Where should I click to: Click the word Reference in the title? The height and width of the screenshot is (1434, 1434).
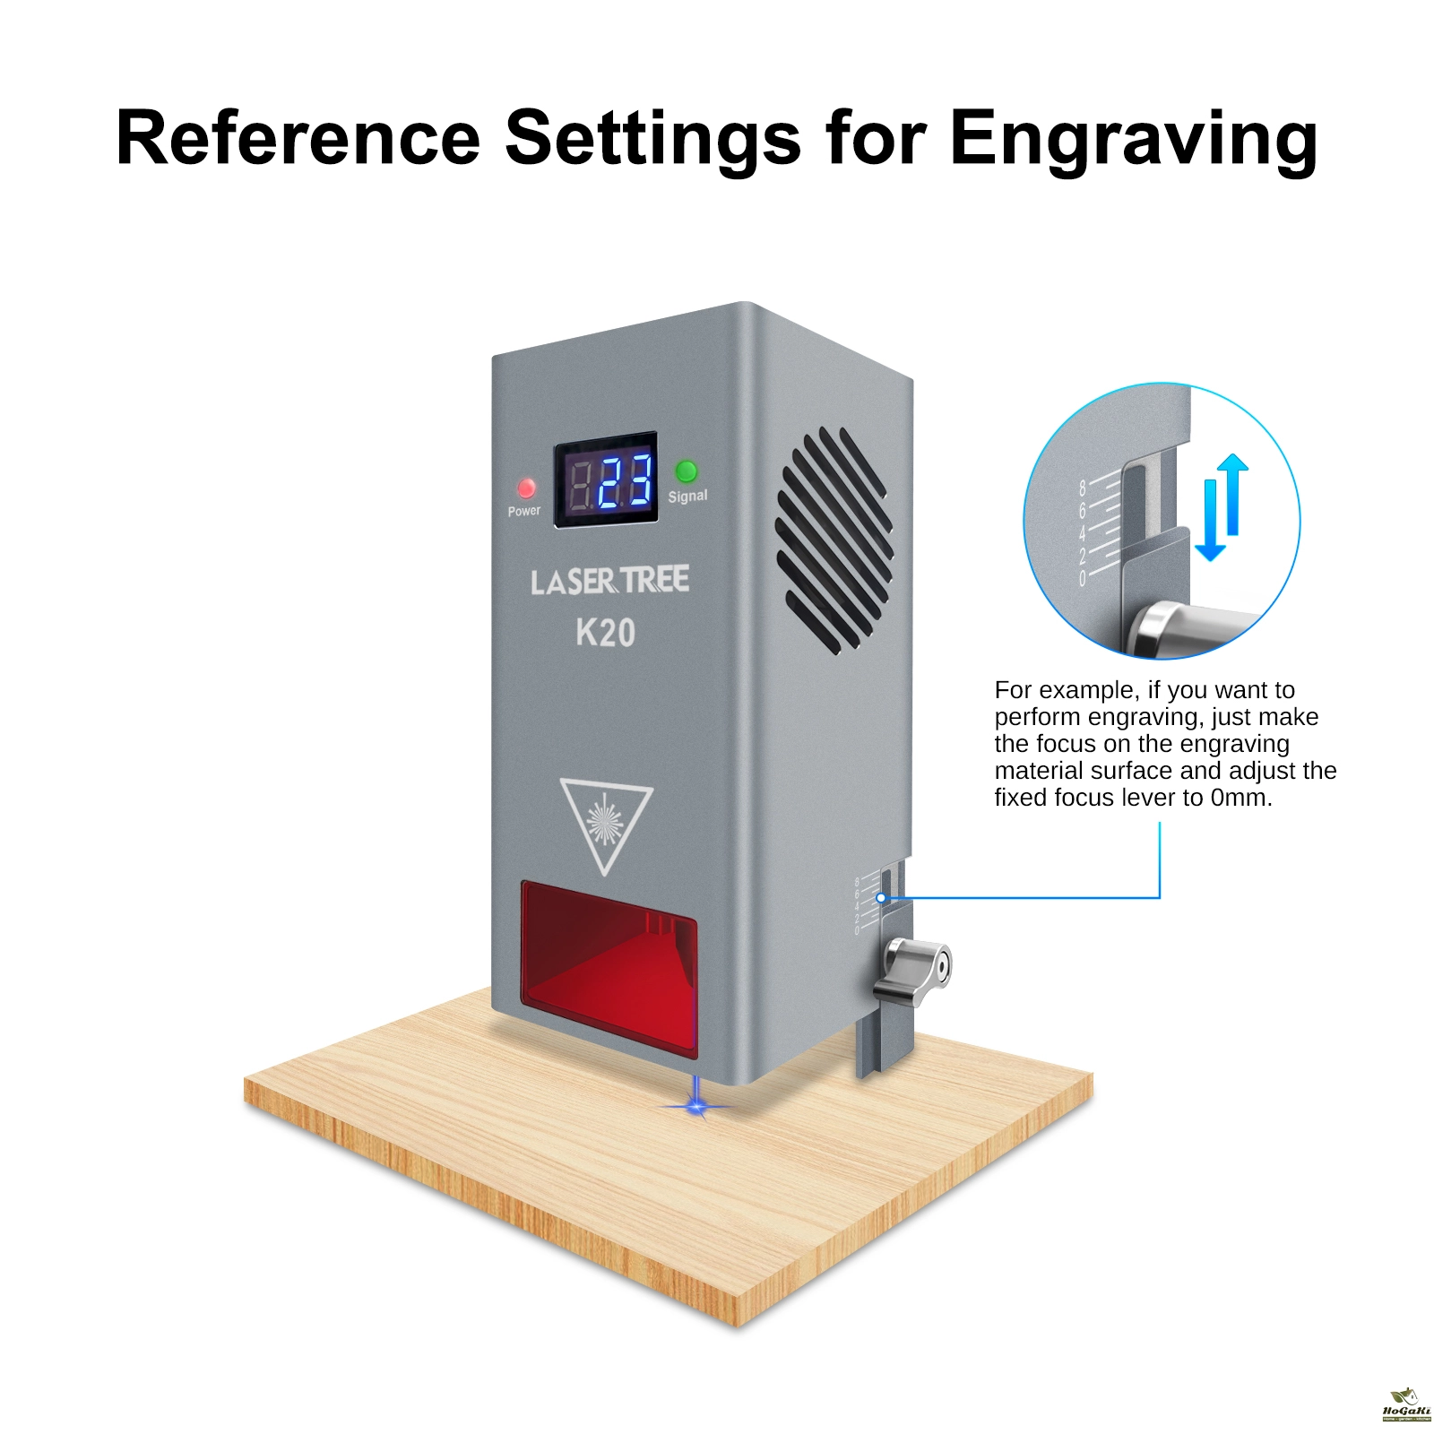298,138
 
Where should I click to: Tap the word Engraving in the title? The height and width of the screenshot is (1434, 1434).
1133,140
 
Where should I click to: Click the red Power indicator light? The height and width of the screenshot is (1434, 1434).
526,488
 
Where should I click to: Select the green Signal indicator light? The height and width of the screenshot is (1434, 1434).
687,471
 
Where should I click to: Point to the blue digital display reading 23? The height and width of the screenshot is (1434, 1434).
624,481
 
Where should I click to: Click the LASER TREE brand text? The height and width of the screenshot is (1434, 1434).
609,581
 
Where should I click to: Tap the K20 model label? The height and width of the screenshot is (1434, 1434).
606,633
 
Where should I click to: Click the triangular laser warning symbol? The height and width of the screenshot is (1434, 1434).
606,821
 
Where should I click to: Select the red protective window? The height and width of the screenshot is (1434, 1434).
609,964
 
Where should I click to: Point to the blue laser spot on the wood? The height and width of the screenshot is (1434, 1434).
697,1108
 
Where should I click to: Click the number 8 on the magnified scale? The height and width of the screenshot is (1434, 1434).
1083,488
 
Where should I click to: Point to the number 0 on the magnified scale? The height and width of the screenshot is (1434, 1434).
1083,579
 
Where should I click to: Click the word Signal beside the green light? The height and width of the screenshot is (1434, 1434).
687,497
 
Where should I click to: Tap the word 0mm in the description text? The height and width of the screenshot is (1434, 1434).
1240,798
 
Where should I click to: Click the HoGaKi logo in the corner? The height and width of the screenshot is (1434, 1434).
1406,1404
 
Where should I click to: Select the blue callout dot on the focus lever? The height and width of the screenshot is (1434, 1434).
881,897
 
